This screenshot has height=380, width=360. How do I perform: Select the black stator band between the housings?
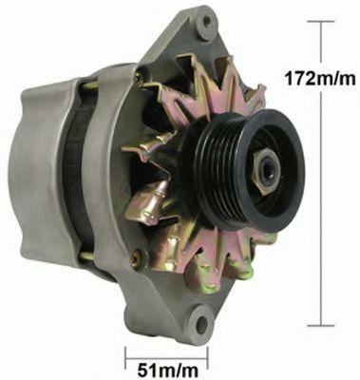click(x=76, y=171)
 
